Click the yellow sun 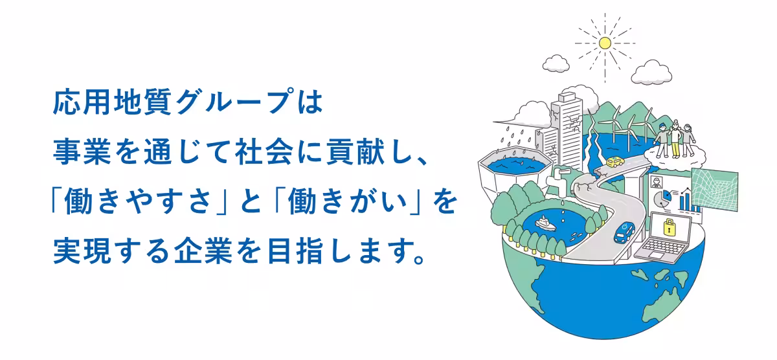pos(605,43)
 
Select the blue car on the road pos(625,231)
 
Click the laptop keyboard pos(660,248)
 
